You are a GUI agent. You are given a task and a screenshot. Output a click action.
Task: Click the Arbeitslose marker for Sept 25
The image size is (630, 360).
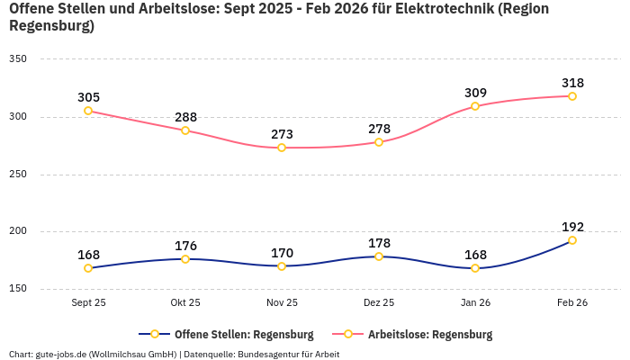[x=88, y=111]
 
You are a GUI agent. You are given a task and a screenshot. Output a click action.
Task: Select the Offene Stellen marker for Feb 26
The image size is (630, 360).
[x=572, y=240]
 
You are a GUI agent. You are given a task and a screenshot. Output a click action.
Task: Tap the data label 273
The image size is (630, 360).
[x=282, y=134]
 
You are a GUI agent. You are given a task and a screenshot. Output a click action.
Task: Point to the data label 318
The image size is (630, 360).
[x=572, y=83]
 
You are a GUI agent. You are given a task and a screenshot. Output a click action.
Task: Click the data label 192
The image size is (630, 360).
[x=572, y=227]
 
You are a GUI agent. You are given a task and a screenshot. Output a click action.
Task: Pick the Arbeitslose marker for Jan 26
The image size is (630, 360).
[x=475, y=106]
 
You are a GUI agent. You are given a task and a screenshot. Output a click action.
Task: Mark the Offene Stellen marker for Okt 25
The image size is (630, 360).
[x=185, y=259]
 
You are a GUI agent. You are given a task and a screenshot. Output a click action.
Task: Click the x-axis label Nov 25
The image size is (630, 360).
[x=282, y=303]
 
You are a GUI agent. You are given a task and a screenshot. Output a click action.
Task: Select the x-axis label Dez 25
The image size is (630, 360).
[x=379, y=303]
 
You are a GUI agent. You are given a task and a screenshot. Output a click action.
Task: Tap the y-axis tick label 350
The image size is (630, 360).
[x=18, y=59]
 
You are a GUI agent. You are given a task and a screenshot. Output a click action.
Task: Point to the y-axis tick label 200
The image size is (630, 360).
[x=18, y=232]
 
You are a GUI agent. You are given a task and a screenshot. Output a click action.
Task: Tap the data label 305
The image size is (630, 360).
[x=88, y=97]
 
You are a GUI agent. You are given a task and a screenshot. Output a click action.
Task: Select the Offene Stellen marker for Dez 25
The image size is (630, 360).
[x=379, y=256]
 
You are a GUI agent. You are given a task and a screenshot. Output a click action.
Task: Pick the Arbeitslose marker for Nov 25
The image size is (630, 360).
[x=282, y=148]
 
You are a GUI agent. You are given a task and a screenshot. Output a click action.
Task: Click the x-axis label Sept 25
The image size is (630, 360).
[x=88, y=303]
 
